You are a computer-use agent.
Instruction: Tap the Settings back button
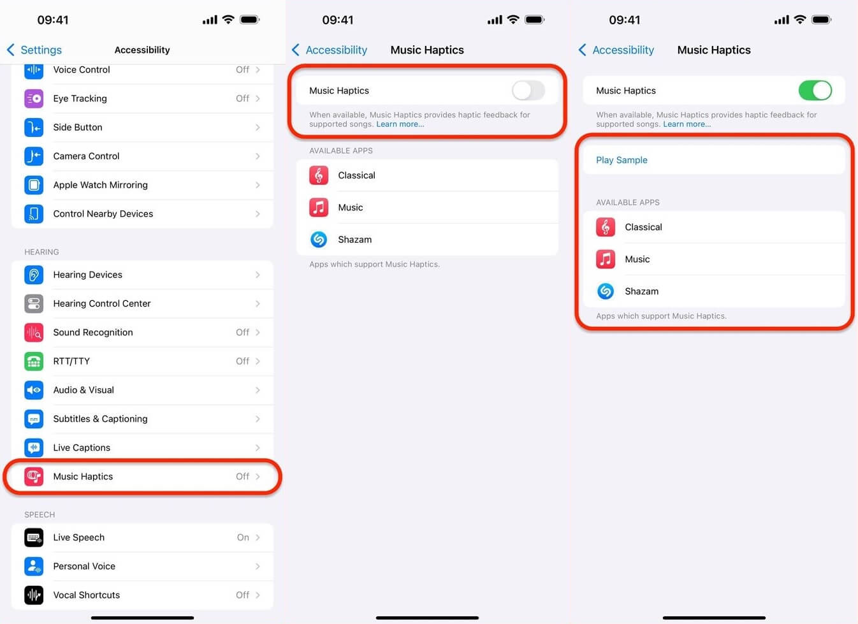tap(34, 50)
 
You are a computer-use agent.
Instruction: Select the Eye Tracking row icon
tap(34, 98)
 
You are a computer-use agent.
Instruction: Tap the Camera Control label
tap(86, 156)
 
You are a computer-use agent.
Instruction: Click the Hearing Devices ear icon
tap(34, 275)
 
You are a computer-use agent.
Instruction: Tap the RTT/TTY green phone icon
tap(34, 361)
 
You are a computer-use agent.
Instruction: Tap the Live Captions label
tap(82, 447)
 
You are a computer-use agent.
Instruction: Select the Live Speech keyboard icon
tap(34, 537)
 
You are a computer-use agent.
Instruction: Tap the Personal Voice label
tap(84, 566)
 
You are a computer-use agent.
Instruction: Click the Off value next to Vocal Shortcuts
tap(242, 595)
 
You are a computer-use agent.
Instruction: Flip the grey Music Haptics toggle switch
tap(528, 91)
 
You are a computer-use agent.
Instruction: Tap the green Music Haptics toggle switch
tap(815, 91)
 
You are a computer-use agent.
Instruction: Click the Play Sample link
tap(622, 160)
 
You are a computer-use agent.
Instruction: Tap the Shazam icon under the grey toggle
tap(319, 240)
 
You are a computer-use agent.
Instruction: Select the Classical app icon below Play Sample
tap(606, 227)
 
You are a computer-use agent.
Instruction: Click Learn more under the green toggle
tap(687, 124)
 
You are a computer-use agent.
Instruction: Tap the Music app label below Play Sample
tap(637, 259)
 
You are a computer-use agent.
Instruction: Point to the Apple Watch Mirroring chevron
tap(258, 185)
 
